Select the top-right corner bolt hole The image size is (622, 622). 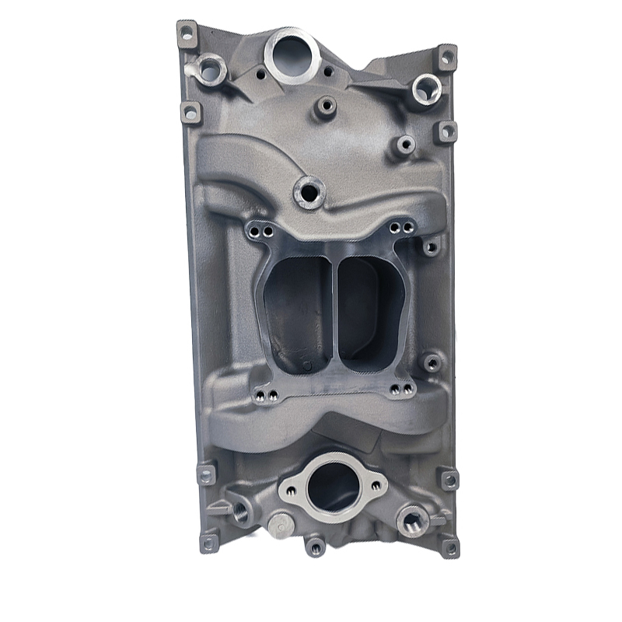click(x=446, y=57)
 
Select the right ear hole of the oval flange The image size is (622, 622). click(x=377, y=485)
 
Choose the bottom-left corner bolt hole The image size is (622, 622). click(x=208, y=542)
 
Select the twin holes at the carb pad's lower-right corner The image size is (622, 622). click(x=403, y=391)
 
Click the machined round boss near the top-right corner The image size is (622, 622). click(x=425, y=89)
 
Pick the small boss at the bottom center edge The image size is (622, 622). click(x=315, y=547)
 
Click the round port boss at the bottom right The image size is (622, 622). click(x=412, y=519)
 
